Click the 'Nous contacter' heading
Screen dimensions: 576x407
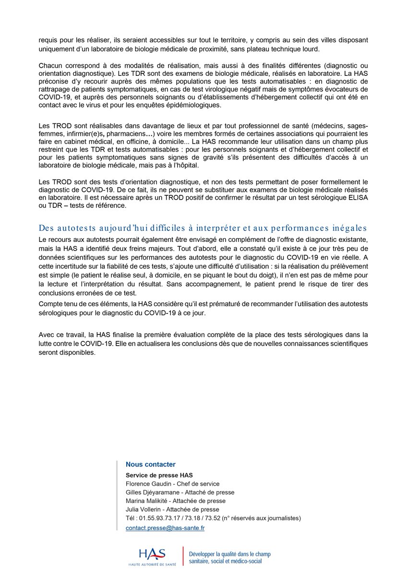coord(150,464)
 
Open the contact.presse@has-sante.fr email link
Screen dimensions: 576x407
coord(165,528)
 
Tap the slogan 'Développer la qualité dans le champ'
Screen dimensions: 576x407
coord(230,553)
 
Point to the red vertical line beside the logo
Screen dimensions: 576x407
coord(183,555)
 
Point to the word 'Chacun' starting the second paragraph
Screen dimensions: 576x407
coord(49,65)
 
